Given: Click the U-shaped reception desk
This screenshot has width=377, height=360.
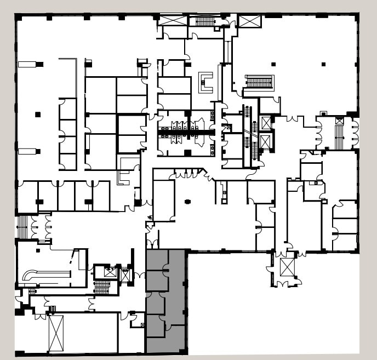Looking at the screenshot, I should (x=207, y=83).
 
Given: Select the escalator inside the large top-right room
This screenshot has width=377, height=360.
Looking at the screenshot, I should (x=259, y=82).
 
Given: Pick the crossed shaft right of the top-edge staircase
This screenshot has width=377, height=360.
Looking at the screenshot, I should (x=250, y=21).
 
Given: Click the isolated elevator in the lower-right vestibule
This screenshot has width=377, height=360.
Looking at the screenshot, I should (x=287, y=267).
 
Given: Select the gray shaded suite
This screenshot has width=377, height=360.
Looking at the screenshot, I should (x=166, y=301).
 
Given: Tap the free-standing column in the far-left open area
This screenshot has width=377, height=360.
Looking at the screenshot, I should (x=38, y=115).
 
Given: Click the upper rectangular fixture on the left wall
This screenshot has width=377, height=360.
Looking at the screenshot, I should (x=27, y=64).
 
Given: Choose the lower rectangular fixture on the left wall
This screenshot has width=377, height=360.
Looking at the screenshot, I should (x=27, y=151).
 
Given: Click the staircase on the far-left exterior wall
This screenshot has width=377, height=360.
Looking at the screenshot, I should (x=22, y=227).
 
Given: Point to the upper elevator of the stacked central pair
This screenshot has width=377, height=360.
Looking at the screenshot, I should (x=266, y=123).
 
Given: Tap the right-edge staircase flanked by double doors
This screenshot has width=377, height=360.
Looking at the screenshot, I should (x=339, y=133).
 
